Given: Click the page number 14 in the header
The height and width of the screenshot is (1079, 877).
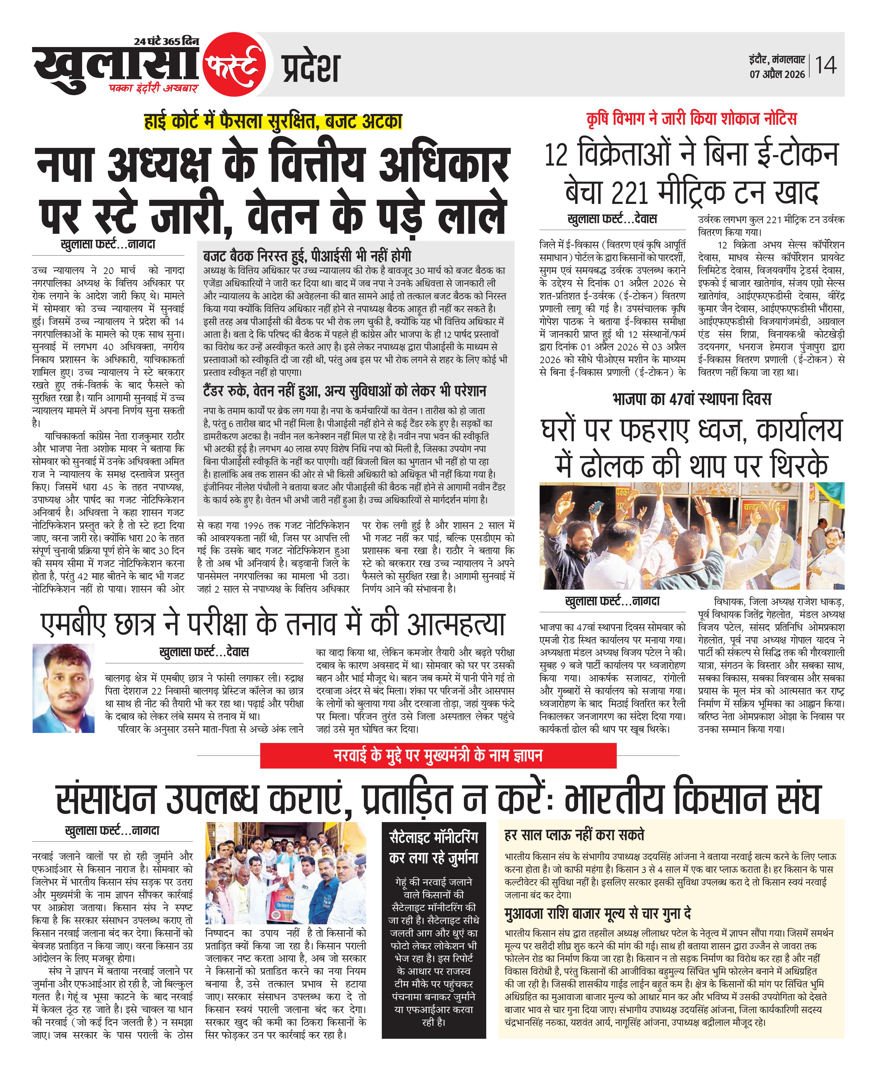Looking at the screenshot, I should coord(826,66).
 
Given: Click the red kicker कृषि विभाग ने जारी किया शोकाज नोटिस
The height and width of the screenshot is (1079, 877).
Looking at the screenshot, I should coord(692,119).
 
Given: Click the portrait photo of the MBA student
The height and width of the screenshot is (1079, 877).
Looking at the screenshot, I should coord(64,688).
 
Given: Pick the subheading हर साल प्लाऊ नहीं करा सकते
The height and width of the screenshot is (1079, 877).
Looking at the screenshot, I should coord(574,835).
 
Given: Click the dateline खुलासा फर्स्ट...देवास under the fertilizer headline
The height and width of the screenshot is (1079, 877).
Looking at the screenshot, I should coord(612,219).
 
